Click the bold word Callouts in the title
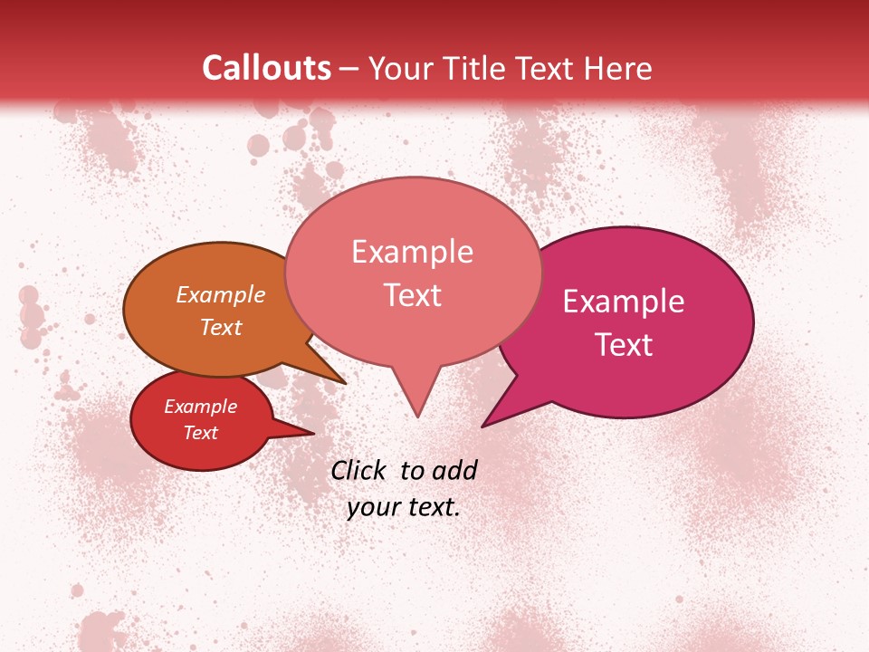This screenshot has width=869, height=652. coord(266,68)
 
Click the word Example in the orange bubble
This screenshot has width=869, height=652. coord(221,294)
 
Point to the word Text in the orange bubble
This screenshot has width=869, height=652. coord(221,327)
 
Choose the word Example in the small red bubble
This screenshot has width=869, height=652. coord(200,407)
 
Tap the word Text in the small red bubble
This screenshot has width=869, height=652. coord(200,433)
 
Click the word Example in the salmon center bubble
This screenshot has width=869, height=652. coord(412,252)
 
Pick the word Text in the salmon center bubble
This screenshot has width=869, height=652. coord(412,295)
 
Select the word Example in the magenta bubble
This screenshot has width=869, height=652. coord(624,302)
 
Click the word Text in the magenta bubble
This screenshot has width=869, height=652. coord(624,345)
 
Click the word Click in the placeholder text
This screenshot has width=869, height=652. coord(358,470)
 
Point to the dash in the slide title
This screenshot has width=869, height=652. coord(350,69)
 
